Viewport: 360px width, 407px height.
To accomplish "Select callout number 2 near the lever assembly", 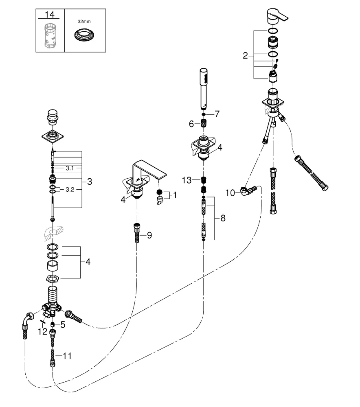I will click(245, 56).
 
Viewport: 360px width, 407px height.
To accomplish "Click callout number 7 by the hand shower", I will click(217, 114).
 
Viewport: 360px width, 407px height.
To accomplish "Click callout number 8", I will click(223, 219).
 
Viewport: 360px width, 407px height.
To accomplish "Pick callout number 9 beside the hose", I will click(149, 235).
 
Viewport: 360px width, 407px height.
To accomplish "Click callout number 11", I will click(67, 356).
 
